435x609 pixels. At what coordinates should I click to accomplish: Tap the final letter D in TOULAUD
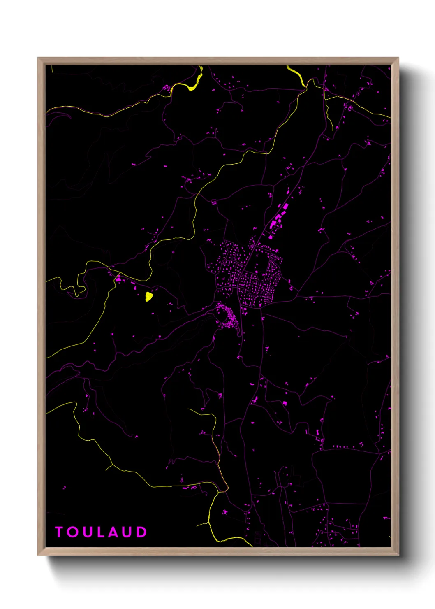coord(141,532)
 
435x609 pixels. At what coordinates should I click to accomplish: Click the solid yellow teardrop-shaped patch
coord(149,296)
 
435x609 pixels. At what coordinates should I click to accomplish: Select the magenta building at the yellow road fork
coord(118,279)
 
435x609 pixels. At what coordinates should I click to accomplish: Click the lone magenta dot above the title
coord(64,488)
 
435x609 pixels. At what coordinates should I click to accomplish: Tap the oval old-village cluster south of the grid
coord(227,316)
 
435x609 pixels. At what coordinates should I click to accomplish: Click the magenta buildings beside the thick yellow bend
coord(167,87)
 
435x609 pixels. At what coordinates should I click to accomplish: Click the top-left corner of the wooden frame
coord(38,58)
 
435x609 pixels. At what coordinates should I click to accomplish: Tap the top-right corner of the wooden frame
coord(398,58)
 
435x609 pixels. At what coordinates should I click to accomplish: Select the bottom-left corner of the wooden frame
coord(38,555)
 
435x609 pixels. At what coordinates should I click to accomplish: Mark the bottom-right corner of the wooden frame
coord(398,555)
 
